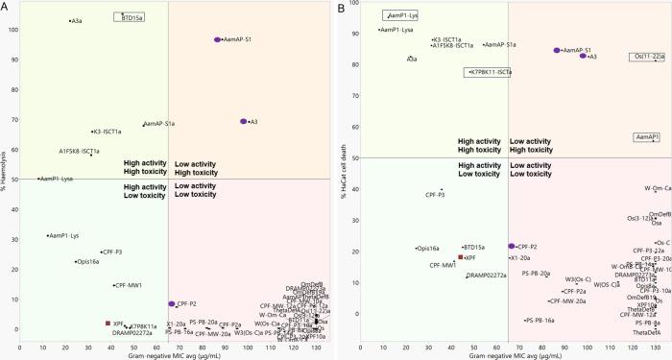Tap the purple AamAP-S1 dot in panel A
point(218,40)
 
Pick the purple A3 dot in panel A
point(244,122)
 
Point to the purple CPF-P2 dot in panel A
point(172,303)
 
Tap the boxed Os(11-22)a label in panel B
point(645,57)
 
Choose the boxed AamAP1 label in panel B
point(646,137)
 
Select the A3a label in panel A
point(76,20)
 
